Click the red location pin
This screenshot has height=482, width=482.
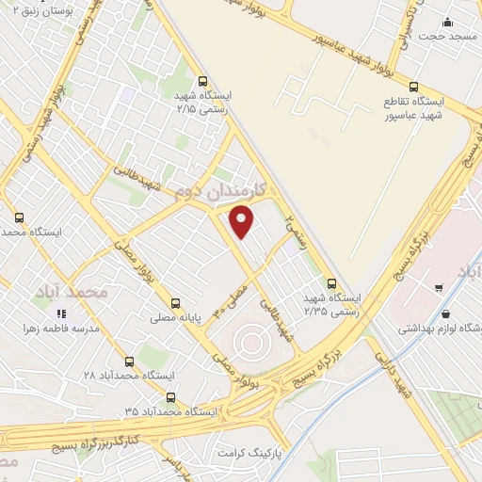pos(243,219)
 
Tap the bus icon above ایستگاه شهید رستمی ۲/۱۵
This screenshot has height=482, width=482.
pos(204,81)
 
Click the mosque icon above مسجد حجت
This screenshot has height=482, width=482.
pos(447,22)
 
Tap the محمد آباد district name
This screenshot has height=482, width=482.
pos(71,292)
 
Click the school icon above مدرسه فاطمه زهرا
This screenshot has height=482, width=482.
pos(61,313)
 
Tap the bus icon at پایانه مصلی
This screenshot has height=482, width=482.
pos(175,303)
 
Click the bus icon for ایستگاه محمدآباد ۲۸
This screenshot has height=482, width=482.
pos(129,361)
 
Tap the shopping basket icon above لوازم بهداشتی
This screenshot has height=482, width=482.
pos(445,313)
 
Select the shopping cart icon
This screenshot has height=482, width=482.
pos(439,286)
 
